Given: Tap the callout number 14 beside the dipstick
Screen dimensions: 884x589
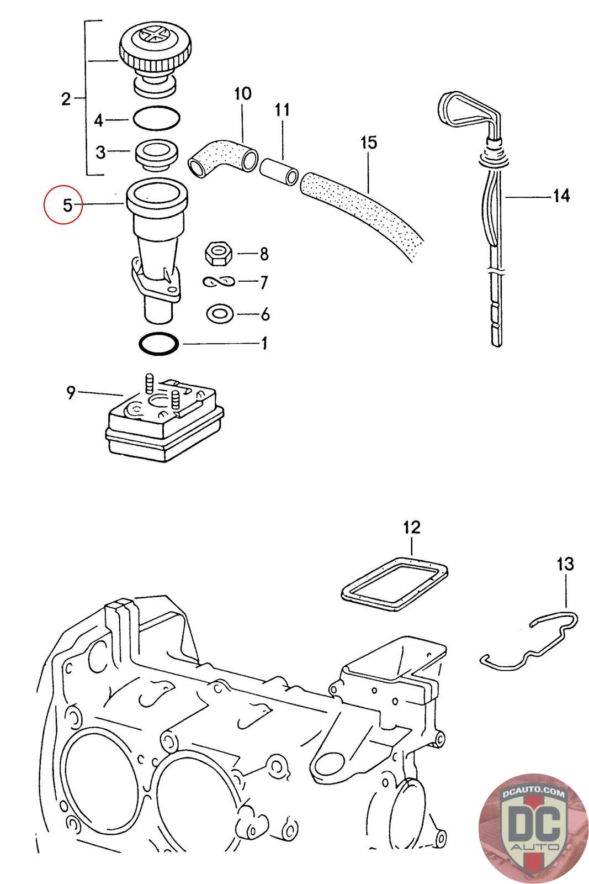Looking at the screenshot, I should pyautogui.click(x=560, y=196).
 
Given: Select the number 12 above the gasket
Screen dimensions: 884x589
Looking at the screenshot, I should pyautogui.click(x=412, y=527).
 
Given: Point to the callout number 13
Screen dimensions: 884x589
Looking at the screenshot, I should pyautogui.click(x=565, y=564).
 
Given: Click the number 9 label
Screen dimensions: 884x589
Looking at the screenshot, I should pyautogui.click(x=71, y=394).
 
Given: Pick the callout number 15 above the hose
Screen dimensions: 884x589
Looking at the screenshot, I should pyautogui.click(x=368, y=143).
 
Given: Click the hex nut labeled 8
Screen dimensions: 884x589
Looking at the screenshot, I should pyautogui.click(x=219, y=254).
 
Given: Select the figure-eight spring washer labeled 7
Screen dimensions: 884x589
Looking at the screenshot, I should pyautogui.click(x=219, y=282).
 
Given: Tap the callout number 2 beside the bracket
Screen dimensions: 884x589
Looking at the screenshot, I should pyautogui.click(x=66, y=99).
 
